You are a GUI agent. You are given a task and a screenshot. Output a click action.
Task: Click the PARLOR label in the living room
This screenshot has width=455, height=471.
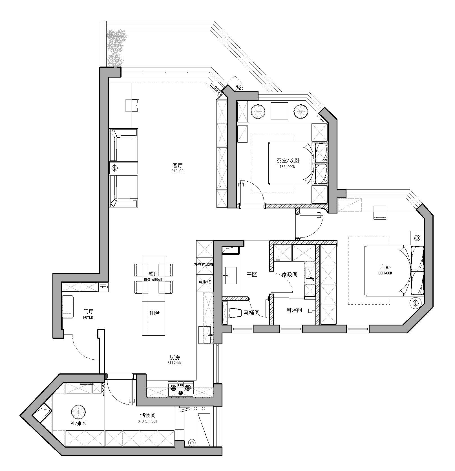[177, 171]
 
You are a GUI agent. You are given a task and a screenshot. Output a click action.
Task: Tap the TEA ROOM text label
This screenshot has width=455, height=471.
[288, 167]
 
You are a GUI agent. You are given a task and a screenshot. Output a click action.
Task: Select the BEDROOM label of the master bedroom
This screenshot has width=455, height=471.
[385, 273]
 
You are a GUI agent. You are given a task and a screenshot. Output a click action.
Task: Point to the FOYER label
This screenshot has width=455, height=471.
[88, 317]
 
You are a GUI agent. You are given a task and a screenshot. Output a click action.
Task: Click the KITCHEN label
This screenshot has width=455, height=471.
[174, 362]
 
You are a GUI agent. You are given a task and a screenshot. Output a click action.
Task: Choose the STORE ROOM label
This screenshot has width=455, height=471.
[148, 421]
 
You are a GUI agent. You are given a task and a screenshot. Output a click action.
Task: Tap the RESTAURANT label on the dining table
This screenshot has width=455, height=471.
[154, 279]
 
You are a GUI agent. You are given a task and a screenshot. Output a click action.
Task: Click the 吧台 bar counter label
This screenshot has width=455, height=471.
[155, 313]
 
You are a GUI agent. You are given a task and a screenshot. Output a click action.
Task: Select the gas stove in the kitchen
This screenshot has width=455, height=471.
[181, 388]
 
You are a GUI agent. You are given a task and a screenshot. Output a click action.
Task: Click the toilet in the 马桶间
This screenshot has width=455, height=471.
[234, 313]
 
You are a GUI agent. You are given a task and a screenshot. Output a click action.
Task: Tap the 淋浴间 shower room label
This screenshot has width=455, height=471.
[294, 310]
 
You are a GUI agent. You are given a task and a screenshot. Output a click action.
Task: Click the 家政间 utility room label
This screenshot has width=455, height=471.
[289, 274]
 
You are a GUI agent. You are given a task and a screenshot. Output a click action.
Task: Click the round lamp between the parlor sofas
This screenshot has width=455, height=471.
[114, 168]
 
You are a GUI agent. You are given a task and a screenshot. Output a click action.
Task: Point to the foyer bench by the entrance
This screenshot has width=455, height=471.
[67, 307]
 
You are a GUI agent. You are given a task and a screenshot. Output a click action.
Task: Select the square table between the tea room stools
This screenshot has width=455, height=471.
[279, 111]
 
